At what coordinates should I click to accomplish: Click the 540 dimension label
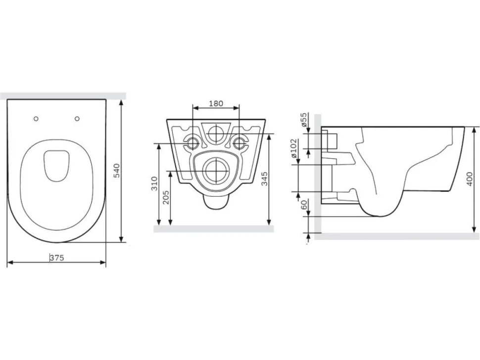tap(117, 171)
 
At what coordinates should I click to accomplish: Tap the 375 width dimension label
tap(57, 258)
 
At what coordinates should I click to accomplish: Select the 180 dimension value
tap(216, 103)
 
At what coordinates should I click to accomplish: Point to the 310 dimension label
tap(154, 183)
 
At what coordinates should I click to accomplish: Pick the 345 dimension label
tap(264, 179)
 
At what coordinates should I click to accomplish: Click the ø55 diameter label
tap(303, 120)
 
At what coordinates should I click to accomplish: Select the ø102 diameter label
tap(294, 148)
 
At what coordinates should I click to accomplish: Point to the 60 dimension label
tap(304, 205)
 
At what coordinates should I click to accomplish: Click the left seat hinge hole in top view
tap(36, 119)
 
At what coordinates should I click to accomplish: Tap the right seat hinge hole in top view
tap(77, 119)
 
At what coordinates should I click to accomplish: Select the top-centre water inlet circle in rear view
tap(217, 134)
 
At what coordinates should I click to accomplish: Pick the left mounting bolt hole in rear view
tap(192, 143)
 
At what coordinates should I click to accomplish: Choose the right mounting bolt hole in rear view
tap(239, 143)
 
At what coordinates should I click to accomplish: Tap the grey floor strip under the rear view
tap(214, 229)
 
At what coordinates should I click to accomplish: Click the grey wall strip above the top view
tap(63, 95)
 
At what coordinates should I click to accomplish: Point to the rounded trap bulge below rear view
tap(216, 202)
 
